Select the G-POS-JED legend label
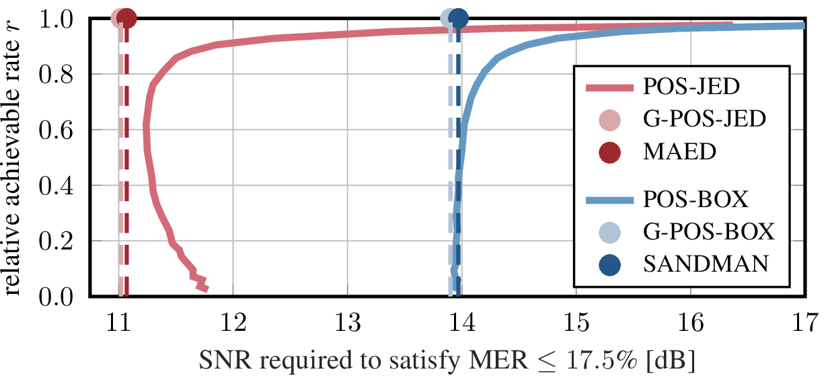[x=704, y=120]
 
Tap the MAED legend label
[x=680, y=153]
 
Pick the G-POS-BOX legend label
[x=708, y=232]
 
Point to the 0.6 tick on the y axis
[x=59, y=129]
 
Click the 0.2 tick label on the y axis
[x=59, y=241]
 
